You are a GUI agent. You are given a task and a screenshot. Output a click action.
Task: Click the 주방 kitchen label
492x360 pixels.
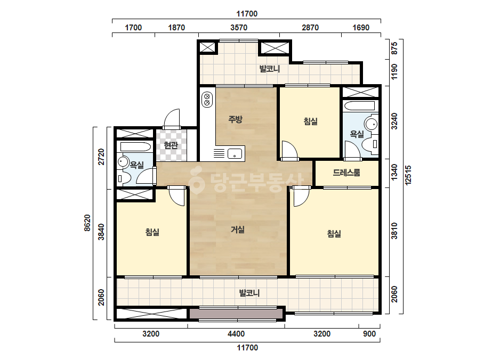(235, 119)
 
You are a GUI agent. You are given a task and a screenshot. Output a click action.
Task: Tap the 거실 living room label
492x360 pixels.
(238, 230)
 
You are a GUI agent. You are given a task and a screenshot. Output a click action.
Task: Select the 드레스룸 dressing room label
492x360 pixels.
(346, 173)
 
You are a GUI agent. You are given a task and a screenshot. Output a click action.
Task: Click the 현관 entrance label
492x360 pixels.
(171, 145)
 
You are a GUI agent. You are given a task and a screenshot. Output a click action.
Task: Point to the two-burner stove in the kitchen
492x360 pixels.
(207, 99)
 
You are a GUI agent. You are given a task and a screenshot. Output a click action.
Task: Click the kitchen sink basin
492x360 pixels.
(235, 154)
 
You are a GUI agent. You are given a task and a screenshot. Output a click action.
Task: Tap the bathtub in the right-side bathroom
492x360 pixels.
(359, 105)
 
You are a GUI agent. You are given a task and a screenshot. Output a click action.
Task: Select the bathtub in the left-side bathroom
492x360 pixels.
(136, 147)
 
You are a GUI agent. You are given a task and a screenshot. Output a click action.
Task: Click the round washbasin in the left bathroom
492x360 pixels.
(123, 162)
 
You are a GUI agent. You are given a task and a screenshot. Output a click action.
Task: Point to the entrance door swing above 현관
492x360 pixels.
(172, 119)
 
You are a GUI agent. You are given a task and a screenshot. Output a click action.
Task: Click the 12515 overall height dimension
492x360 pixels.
(408, 175)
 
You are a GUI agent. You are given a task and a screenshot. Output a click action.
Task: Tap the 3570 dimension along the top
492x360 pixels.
(239, 28)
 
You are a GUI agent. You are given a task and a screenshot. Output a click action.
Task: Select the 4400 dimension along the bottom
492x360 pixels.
(236, 334)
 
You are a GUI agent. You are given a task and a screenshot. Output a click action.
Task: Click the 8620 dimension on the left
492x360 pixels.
(87, 223)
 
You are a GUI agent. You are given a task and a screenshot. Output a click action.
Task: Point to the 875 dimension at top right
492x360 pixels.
(394, 48)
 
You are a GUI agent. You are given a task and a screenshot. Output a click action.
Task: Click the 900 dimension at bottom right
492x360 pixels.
(369, 334)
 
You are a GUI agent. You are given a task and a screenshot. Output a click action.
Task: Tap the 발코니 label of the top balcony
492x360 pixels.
(270, 69)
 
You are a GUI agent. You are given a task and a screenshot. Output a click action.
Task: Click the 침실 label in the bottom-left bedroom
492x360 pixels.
(152, 232)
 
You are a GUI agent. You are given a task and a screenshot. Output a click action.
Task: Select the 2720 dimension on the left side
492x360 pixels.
(101, 157)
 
